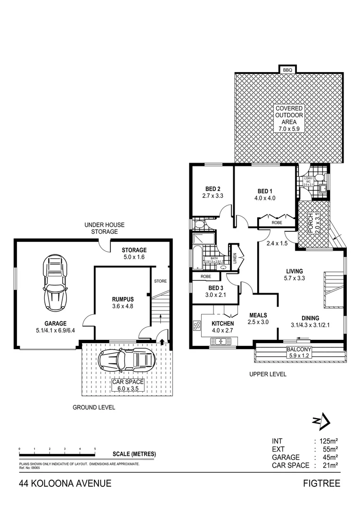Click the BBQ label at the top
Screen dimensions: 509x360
click(287, 70)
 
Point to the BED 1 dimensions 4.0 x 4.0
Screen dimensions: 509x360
click(264, 198)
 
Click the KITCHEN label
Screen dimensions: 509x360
click(223, 324)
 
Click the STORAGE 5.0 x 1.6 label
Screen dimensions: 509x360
click(134, 254)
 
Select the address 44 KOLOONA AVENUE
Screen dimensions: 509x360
click(65, 484)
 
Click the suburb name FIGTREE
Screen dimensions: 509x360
click(322, 484)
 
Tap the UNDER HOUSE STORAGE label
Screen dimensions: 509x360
click(100, 228)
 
